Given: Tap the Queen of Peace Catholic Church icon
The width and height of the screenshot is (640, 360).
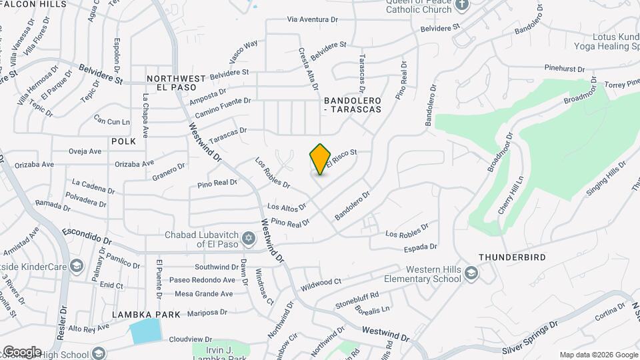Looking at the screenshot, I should [463, 4].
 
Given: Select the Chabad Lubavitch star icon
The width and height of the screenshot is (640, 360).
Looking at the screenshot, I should [249, 238].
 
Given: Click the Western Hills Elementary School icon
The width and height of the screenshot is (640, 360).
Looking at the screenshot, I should [471, 272].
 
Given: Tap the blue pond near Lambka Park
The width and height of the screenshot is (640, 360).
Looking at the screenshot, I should [146, 331].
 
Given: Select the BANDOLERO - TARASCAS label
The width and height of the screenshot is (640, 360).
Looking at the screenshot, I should [353, 105].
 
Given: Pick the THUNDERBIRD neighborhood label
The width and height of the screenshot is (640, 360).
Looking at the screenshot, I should [512, 257].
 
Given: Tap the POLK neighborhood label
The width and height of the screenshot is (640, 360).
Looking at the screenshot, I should [123, 141].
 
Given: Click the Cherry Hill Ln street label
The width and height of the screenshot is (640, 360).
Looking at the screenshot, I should [511, 194].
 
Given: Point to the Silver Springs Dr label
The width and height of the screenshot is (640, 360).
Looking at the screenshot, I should [531, 339].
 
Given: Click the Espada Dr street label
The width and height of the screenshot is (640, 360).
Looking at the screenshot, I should [420, 247].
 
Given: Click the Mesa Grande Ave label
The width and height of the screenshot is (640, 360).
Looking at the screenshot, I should [203, 293].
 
